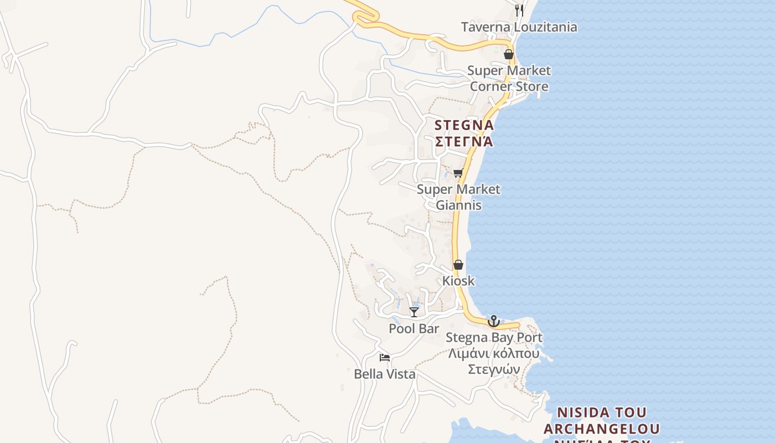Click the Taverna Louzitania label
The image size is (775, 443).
tap(519, 27)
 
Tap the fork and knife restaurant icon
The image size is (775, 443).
tap(519, 10)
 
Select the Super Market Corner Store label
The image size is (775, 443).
tap(509, 78)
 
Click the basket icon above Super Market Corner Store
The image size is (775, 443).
tap(508, 54)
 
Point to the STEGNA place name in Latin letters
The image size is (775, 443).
tap(464, 125)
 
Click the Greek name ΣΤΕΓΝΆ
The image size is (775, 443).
tap(464, 141)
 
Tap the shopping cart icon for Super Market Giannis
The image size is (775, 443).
tap(458, 173)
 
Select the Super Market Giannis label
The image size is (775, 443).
tap(458, 197)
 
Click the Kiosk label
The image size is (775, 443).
tap(458, 281)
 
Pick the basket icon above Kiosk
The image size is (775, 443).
tap(458, 265)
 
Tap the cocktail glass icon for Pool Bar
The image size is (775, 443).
tap(414, 312)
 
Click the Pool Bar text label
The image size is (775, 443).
tap(414, 328)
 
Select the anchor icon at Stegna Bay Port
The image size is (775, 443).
tap(493, 321)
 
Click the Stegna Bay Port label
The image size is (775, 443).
tap(494, 337)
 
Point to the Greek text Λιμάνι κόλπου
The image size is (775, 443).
tap(494, 353)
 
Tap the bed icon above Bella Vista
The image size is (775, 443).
tap(385, 358)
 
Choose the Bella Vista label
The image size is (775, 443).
tap(385, 374)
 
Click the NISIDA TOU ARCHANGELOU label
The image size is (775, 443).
tap(602, 421)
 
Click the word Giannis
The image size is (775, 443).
tap(458, 205)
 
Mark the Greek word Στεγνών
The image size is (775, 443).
tap(494, 369)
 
